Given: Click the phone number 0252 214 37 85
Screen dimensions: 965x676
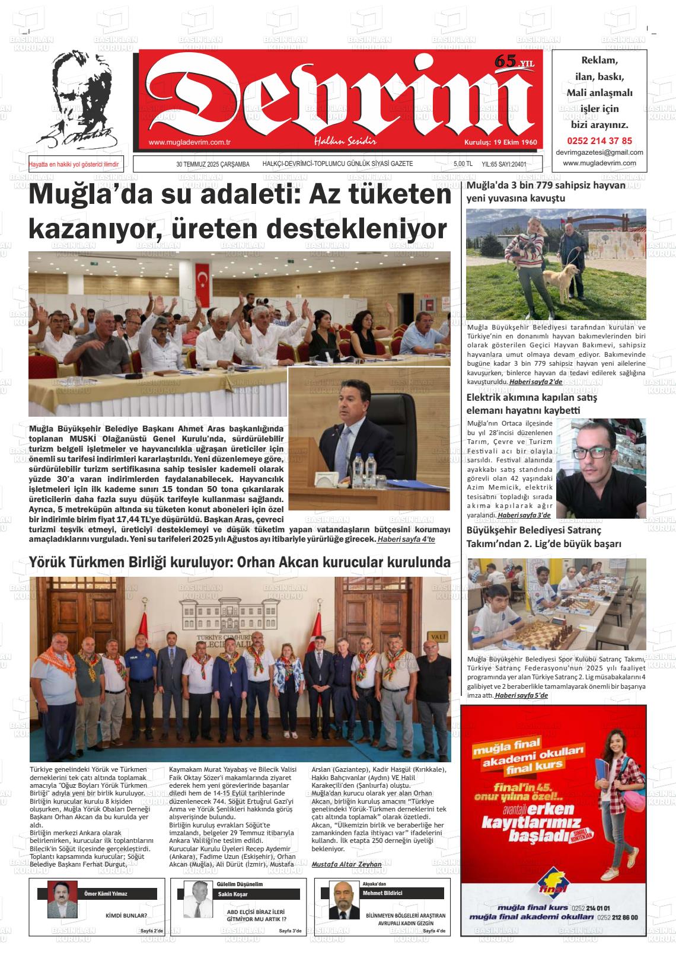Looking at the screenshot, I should coord(600,141).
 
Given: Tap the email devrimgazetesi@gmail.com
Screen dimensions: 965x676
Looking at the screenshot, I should coord(600,152).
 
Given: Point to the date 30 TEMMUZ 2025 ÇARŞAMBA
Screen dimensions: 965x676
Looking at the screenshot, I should coord(213,164).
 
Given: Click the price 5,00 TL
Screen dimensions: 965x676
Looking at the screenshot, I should coord(463,164).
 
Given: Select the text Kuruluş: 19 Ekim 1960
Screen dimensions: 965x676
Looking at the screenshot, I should coord(500,143).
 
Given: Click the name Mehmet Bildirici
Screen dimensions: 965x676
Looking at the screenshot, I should coord(382,893).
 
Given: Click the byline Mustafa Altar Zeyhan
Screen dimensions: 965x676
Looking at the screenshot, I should coord(346,864).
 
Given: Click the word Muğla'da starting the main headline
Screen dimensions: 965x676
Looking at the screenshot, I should coord(76,196).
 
